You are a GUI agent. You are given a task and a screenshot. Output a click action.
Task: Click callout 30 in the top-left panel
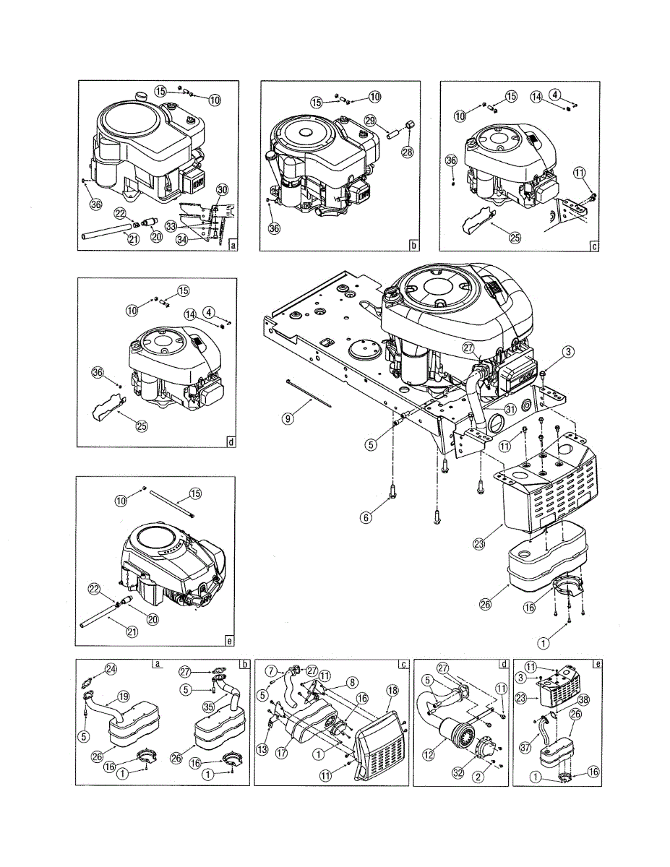point(223,189)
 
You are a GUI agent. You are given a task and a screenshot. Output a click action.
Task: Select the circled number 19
point(124,697)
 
